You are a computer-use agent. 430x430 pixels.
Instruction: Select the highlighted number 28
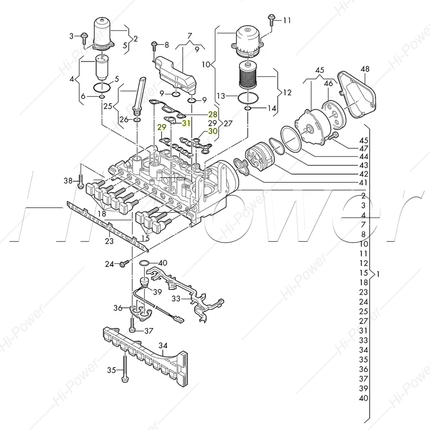212,114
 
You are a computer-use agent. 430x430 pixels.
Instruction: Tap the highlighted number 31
187,123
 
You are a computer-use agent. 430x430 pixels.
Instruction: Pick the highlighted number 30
212,131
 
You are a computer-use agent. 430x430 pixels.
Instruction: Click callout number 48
365,69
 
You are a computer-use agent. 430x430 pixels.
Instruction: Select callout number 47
364,148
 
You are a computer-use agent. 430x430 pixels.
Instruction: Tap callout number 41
364,183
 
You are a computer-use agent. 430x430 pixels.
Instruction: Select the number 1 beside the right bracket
379,274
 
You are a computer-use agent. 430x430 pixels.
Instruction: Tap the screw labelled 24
124,263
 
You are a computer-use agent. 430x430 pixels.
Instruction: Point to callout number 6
83,96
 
